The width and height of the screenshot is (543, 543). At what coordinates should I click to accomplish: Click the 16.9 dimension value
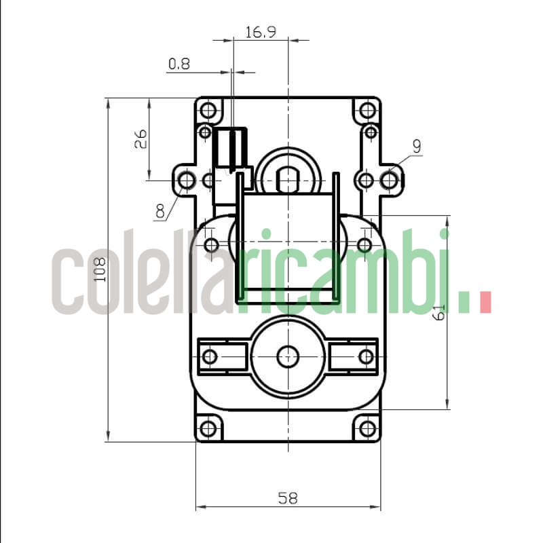[261, 32]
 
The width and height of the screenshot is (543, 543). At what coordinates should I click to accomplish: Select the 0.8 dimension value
[179, 64]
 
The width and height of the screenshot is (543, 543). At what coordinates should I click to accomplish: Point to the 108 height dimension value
[100, 269]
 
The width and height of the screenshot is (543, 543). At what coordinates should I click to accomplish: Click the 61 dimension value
[439, 313]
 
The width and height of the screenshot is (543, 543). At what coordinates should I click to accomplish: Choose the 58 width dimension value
[288, 498]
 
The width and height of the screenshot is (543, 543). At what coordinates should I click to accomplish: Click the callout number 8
[160, 211]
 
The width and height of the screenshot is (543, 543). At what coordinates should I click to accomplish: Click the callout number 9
[416, 145]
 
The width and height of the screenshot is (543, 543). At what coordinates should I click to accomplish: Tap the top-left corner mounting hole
[208, 109]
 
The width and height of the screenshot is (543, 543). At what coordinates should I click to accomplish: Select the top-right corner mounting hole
[367, 109]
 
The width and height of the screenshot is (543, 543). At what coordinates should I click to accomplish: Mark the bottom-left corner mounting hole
[208, 428]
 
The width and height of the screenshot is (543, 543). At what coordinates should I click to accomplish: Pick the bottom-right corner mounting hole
[367, 428]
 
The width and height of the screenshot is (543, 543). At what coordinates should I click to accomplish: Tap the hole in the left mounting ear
[186, 180]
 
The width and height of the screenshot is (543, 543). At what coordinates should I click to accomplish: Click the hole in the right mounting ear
[389, 180]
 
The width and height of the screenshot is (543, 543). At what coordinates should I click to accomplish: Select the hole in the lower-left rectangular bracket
[210, 356]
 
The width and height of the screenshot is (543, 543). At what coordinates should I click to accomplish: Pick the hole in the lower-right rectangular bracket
[366, 356]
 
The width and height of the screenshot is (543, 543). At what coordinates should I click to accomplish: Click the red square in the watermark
[485, 302]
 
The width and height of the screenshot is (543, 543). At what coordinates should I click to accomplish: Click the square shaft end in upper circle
[288, 179]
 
